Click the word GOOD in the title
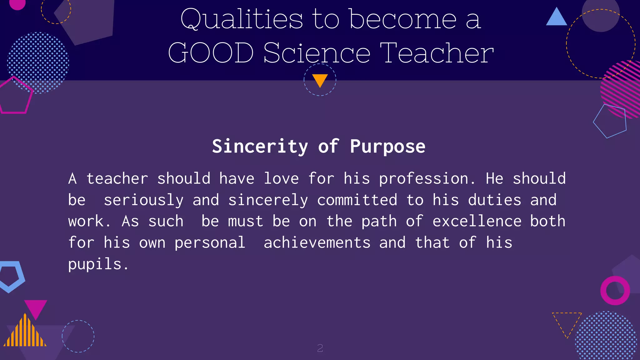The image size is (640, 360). click(x=211, y=53)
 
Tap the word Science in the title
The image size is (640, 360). click(x=317, y=53)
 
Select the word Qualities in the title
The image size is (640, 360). click(x=242, y=19)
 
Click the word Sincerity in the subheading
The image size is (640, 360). click(x=260, y=146)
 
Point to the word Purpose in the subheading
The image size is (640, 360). click(x=387, y=146)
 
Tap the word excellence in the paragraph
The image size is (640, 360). click(x=477, y=221)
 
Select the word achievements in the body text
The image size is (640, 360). click(x=317, y=243)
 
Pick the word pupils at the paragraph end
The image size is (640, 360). click(x=95, y=264)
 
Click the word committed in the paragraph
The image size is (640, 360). click(x=357, y=200)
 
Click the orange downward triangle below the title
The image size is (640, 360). click(x=320, y=80)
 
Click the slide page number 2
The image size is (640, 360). click(x=320, y=348)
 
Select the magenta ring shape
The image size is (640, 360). click(x=615, y=291)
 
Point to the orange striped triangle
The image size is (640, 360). click(x=25, y=333)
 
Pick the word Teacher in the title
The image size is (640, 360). click(x=437, y=53)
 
